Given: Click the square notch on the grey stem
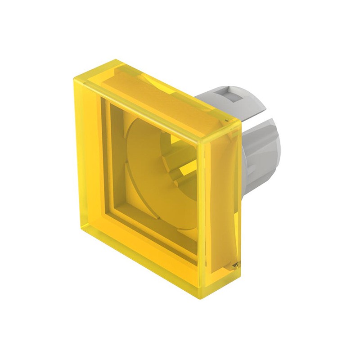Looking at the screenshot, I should tap(234, 96).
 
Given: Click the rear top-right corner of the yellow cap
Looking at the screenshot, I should tap(240, 122).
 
